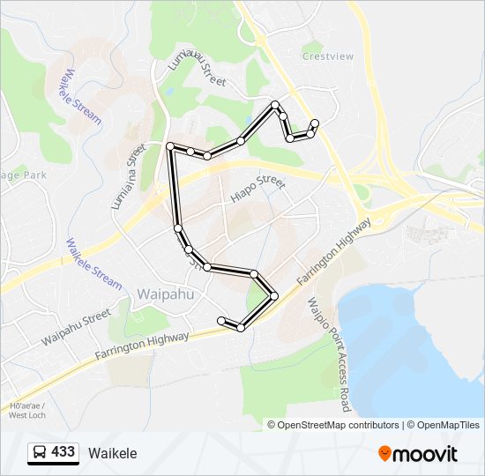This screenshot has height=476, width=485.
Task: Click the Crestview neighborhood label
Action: (327, 56)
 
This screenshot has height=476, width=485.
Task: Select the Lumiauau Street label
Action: (197, 68)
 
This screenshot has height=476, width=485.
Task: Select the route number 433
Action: (63, 452)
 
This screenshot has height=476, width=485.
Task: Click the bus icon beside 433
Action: (39, 453)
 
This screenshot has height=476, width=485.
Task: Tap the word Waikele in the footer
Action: (112, 453)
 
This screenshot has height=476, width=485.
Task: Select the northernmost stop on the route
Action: (276, 105)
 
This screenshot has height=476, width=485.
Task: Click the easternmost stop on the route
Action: (315, 123)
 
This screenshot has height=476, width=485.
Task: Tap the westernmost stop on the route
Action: (169, 145)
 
